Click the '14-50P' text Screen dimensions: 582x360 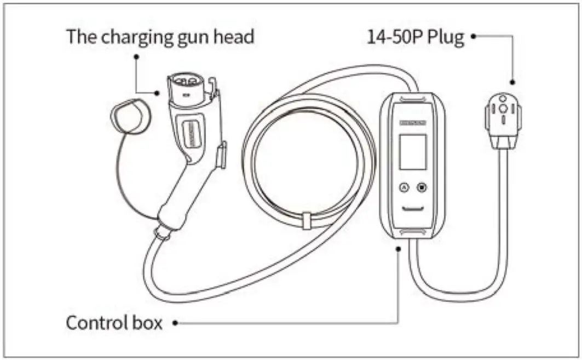pyautogui.click(x=393, y=37)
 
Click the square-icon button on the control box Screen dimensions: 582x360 pyautogui.click(x=422, y=188)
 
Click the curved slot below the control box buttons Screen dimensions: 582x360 pyautogui.click(x=412, y=209)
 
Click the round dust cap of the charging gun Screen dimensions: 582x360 pyautogui.click(x=129, y=113)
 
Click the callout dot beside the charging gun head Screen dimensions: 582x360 pyautogui.click(x=158, y=93)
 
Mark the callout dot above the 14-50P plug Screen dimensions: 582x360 pyautogui.click(x=512, y=83)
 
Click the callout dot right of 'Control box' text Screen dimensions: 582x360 pyautogui.click(x=175, y=323)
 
